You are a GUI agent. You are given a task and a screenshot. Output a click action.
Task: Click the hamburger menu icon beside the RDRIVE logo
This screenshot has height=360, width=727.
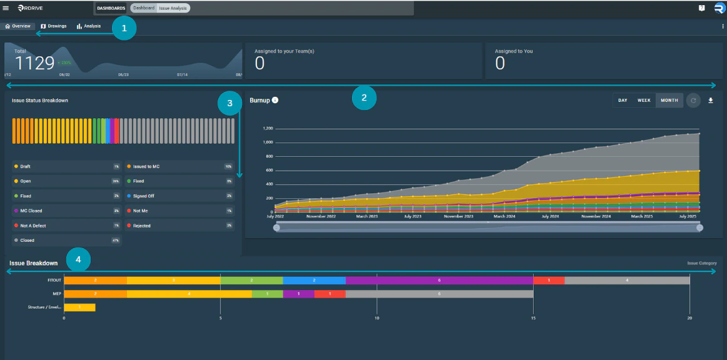tap(6, 8)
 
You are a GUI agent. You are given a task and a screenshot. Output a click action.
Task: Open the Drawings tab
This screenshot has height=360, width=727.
tap(54, 26)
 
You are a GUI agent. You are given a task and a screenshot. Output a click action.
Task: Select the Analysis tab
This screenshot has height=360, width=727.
tap(89, 26)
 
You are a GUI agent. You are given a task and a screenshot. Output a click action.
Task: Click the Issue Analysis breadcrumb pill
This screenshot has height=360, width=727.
tap(173, 8)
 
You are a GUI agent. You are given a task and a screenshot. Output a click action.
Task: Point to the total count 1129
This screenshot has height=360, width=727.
tap(35, 63)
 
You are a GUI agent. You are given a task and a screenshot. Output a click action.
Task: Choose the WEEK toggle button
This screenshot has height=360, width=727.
tap(643, 100)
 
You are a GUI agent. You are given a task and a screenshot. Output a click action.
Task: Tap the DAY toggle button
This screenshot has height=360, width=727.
tap(623, 100)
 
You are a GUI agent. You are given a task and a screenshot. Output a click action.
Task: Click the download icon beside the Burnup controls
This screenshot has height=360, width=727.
tap(710, 100)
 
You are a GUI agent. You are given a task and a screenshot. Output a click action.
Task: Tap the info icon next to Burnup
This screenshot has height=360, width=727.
tap(275, 100)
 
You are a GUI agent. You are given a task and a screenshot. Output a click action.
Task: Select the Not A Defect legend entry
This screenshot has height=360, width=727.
tap(33, 226)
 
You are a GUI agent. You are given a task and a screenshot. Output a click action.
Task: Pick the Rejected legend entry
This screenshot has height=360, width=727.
tap(142, 226)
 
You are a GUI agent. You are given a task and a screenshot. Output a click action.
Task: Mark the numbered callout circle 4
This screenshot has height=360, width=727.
tap(78, 258)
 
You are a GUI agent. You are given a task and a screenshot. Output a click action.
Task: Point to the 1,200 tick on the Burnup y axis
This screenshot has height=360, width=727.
tap(268, 129)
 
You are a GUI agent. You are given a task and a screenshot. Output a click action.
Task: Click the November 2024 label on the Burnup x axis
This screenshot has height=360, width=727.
tap(595, 216)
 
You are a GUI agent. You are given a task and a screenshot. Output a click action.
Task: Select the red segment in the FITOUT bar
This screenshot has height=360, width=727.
tap(548, 281)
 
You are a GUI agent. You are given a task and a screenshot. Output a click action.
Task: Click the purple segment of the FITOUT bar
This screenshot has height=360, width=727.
tap(439, 281)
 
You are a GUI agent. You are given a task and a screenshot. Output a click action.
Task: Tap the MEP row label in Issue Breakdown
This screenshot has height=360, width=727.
tap(57, 293)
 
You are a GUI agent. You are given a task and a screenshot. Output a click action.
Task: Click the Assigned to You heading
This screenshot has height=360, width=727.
tap(513, 51)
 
